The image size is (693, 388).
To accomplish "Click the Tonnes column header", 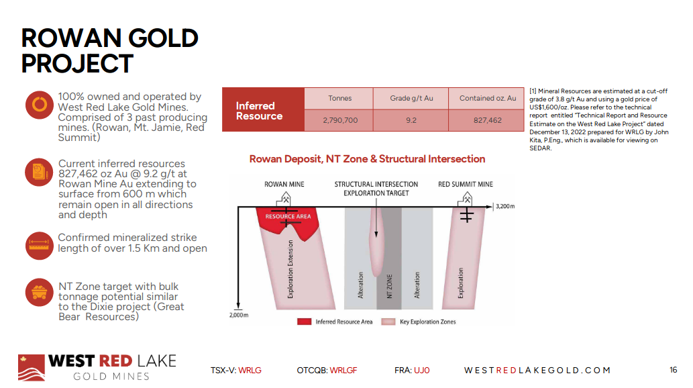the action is pos(339,98).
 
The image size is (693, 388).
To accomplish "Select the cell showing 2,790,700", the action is pos(340,120).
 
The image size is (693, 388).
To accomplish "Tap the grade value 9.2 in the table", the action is pos(411,120).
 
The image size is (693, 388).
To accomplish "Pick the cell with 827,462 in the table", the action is pos(488,120).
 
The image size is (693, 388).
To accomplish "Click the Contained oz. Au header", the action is pos(488,98).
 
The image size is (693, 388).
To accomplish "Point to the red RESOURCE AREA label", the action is pos(288,216).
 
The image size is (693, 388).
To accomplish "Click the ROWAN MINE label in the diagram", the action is pos(284,184).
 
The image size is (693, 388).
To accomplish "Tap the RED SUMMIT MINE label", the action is pos(466,184).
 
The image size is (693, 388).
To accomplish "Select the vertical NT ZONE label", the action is pos(389,286).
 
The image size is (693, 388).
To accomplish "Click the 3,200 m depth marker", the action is pos(505,206).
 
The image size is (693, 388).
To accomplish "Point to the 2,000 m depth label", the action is pos(239,315).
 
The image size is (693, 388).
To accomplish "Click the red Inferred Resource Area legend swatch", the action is pos(304,322).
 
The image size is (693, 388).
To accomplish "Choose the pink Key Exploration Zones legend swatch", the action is pos(388,322).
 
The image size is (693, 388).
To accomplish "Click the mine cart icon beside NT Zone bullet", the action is pos(40,293).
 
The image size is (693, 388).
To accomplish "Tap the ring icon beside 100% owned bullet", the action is pos(40,105).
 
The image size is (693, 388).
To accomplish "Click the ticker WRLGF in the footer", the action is pos(343,371).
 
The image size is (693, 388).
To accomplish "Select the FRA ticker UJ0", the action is pos(421,371).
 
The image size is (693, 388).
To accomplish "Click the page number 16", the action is pos(673,370).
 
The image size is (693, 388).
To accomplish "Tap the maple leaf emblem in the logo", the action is pos(23,359).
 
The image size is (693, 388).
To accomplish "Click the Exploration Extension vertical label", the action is pos(290,269).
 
